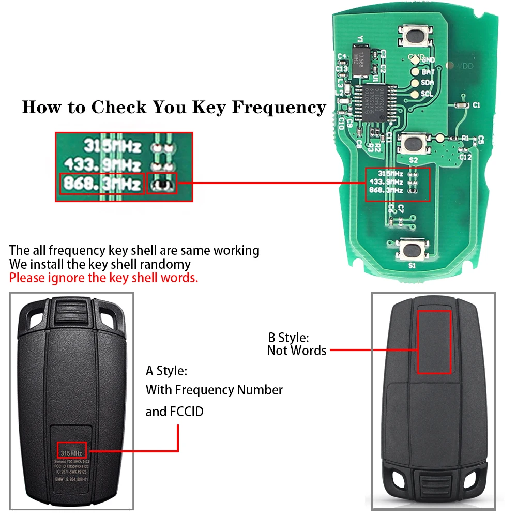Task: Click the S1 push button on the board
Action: pyautogui.click(x=413, y=250)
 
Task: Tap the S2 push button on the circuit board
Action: pyautogui.click(x=413, y=143)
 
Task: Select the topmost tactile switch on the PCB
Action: pyautogui.click(x=416, y=37)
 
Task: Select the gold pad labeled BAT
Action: pyautogui.click(x=415, y=72)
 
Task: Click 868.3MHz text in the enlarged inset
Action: pyautogui.click(x=101, y=184)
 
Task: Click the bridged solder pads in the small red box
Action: pyautogui.click(x=162, y=184)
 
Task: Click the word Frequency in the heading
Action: pyautogui.click(x=279, y=108)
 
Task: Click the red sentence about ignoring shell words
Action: pyautogui.click(x=103, y=278)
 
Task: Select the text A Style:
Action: pyautogui.click(x=166, y=371)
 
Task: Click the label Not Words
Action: pyautogui.click(x=297, y=351)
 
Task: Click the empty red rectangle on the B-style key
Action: pyautogui.click(x=434, y=341)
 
